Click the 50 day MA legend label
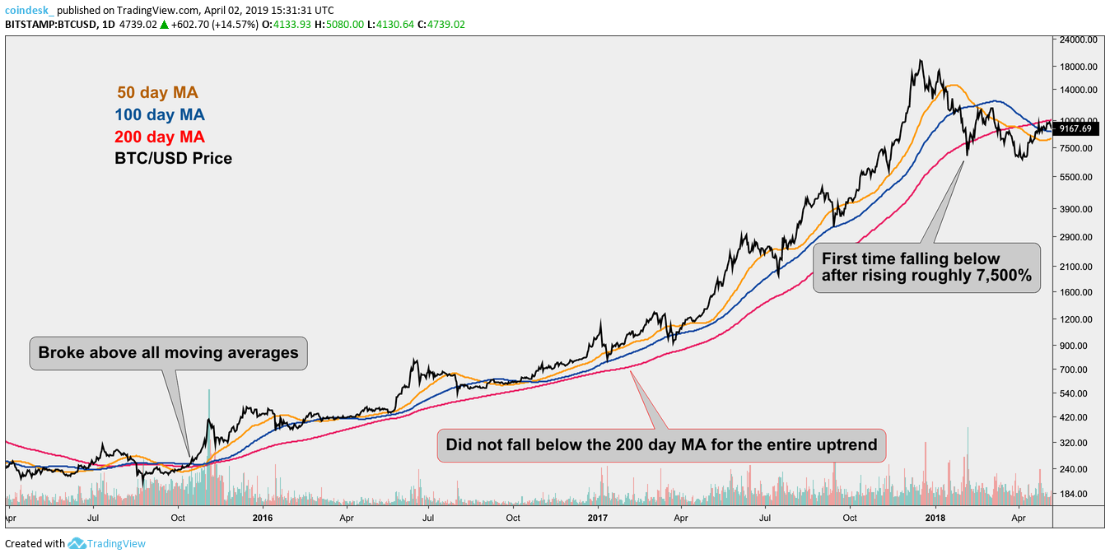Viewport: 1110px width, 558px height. [157, 93]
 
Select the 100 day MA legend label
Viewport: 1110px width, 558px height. [161, 115]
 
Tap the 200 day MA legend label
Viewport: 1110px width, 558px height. [161, 137]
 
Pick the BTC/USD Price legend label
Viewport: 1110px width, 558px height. [173, 158]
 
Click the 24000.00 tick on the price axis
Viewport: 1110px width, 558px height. [1079, 40]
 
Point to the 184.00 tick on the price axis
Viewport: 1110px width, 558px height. [1075, 494]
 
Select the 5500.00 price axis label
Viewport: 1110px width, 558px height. [1077, 177]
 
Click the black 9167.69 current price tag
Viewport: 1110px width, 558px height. [1076, 128]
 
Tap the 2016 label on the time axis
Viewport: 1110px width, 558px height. [262, 518]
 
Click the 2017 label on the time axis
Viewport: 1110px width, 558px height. [598, 518]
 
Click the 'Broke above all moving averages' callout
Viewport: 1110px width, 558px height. [168, 353]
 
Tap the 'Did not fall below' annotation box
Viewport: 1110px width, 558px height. [661, 445]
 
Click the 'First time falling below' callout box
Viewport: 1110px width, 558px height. [926, 267]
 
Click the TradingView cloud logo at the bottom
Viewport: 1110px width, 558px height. [77, 543]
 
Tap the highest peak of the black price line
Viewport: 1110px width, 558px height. [921, 61]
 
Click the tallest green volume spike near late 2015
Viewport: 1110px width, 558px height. [209, 392]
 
